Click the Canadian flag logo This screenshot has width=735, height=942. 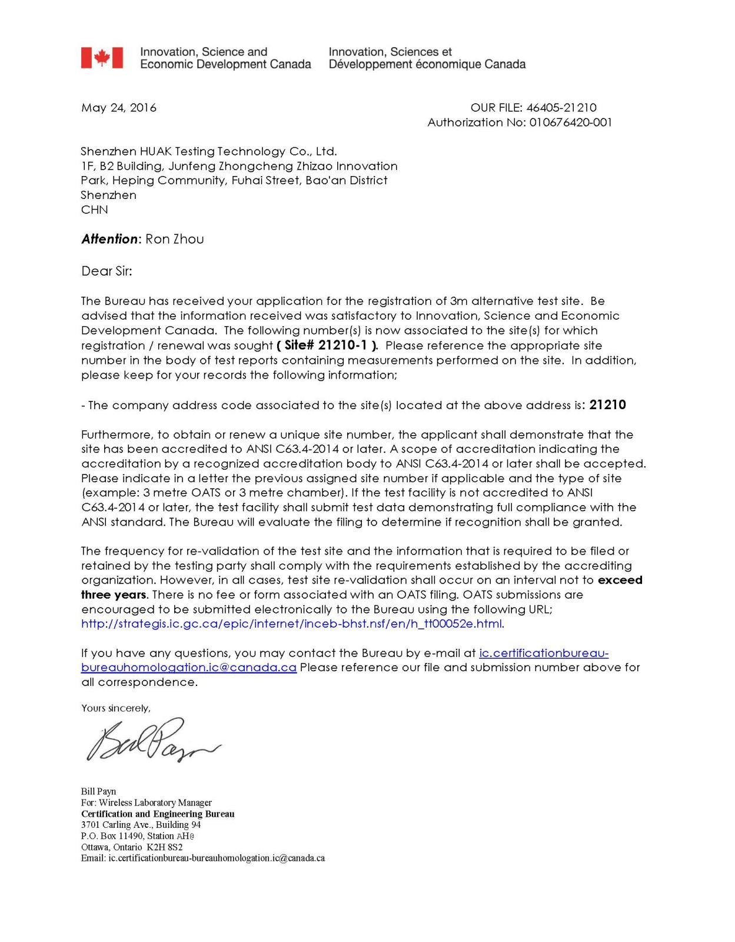pos(102,58)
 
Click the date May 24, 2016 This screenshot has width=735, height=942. pos(119,108)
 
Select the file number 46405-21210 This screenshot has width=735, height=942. pos(561,108)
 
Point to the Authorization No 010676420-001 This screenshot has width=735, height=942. pos(570,122)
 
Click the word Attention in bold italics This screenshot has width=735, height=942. pos(109,239)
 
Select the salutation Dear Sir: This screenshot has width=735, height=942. pos(107,271)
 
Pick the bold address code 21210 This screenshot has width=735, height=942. pos(607,405)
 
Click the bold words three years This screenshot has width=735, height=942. pos(114,595)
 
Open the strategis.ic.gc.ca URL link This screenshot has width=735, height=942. pos(292,623)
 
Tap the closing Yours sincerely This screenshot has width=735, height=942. pos(115,708)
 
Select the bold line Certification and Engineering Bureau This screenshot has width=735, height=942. pos(158,814)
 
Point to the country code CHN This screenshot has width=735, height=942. pos(94,210)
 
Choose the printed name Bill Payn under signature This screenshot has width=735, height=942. pos(99,791)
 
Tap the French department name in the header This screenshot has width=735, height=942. pos(427,58)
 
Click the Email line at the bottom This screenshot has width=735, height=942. pos(203,858)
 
